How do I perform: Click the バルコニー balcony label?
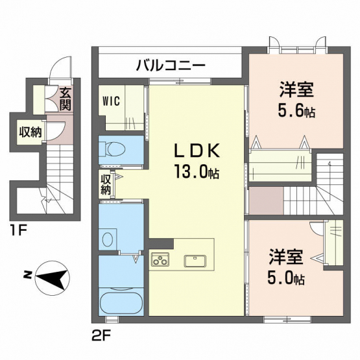171,65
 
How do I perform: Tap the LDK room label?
197,150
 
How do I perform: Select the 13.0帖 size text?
197,171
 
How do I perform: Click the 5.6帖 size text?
296,111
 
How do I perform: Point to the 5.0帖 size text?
286,278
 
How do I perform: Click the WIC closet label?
111,101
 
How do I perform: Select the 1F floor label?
18,230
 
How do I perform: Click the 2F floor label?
101,337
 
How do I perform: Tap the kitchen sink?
195,261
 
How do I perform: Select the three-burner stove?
160,259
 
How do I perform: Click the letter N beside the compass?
27,274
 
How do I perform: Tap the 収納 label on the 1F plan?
30,132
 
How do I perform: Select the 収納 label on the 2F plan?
106,184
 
